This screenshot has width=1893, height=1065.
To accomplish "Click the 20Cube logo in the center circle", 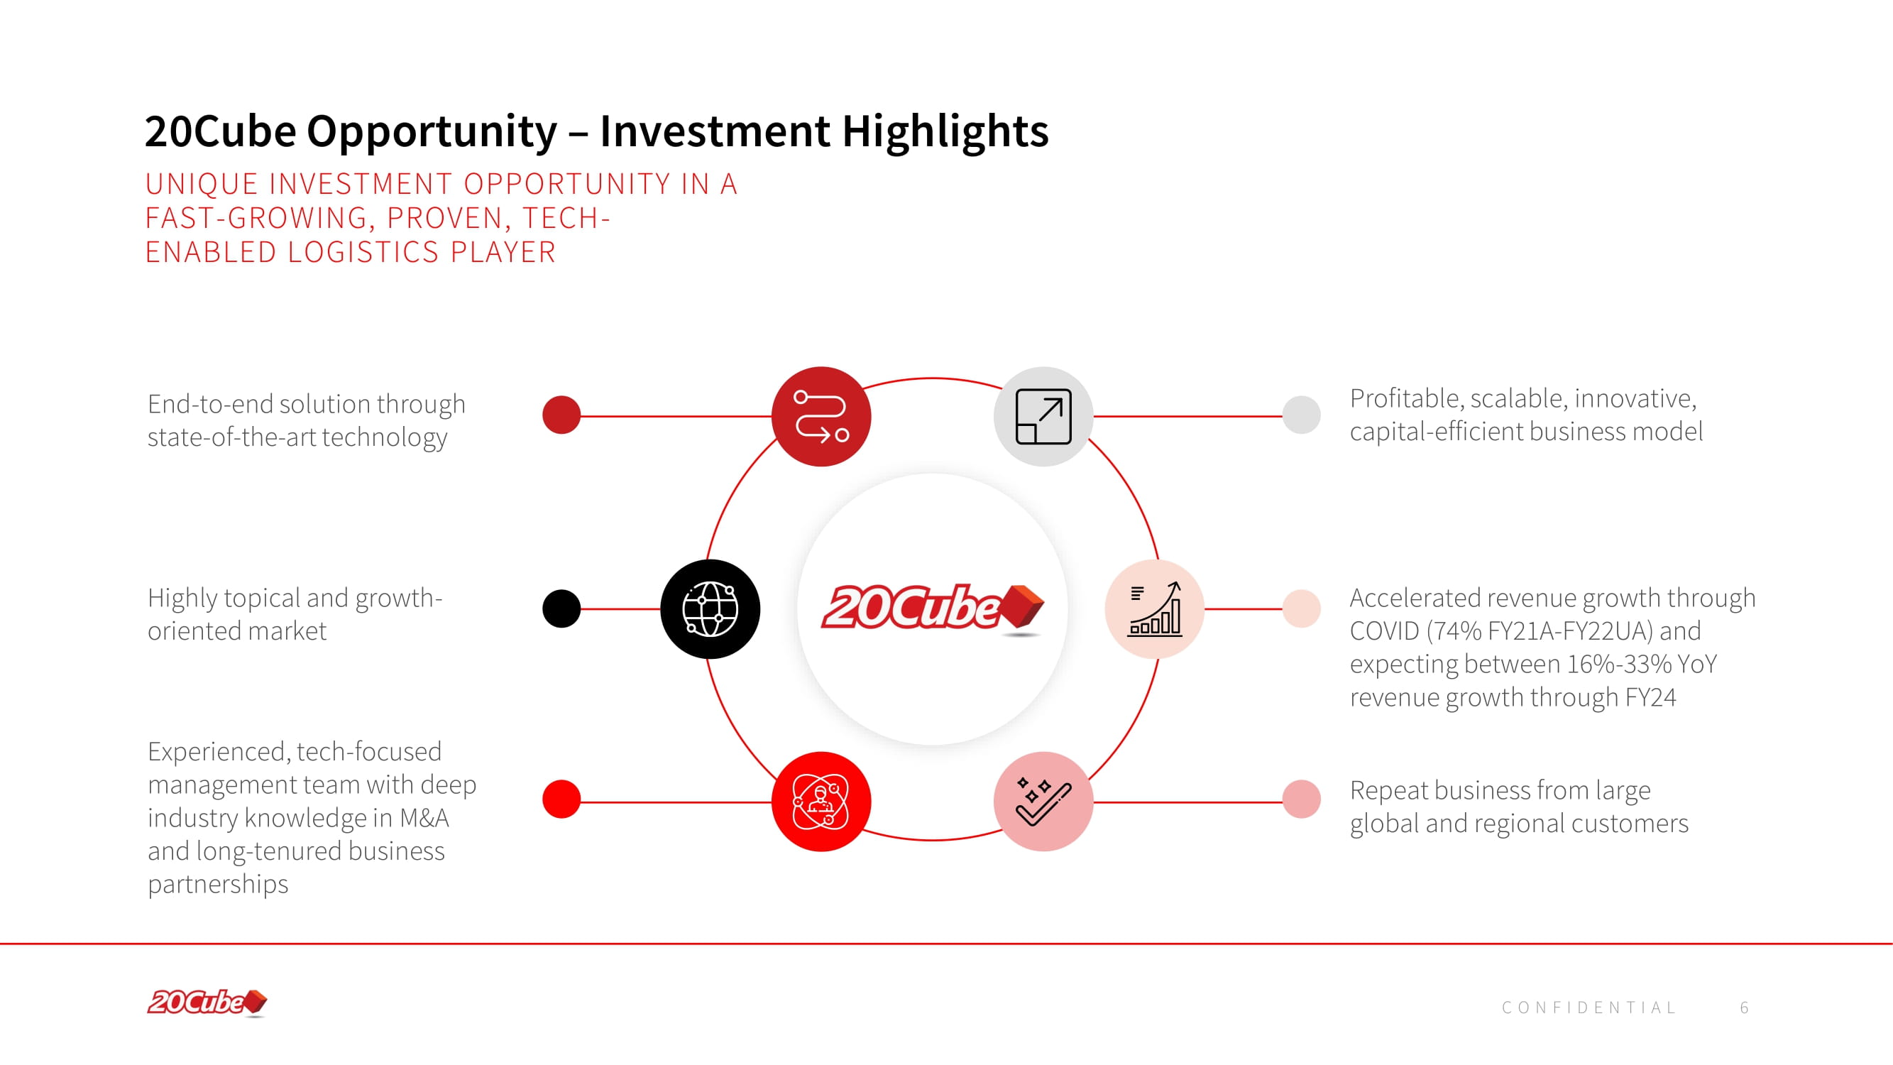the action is coord(933,608).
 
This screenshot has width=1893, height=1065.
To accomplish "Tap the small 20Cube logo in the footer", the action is coord(207,1003).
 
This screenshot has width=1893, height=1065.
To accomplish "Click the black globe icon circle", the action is coord(710,608).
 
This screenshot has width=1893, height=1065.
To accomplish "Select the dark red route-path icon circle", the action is coord(821,416).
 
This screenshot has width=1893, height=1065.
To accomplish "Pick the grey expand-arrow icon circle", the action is coord(1043,416).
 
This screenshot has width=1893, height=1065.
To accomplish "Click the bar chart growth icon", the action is coord(1154,608).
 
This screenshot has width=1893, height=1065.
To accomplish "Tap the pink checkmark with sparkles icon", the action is coord(1043,801).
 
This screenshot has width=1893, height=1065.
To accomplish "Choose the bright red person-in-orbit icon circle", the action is coord(821,801).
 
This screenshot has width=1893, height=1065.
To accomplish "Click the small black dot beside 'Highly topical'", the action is coord(561,608).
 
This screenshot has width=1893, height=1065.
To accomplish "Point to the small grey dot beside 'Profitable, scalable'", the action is coord(1302,415).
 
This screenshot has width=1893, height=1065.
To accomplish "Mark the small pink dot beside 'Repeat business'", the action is coord(1302,799).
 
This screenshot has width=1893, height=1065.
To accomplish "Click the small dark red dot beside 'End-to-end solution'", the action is coord(561,415).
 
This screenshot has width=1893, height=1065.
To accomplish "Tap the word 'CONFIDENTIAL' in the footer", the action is coord(1589,1007).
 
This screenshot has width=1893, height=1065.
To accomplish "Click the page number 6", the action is coord(1745,1007).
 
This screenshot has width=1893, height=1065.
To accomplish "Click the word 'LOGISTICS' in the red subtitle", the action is coord(363,252).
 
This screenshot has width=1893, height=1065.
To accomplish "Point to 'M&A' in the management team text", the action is coord(424,818).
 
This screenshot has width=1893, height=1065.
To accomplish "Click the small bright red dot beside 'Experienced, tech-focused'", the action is coord(561,799).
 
